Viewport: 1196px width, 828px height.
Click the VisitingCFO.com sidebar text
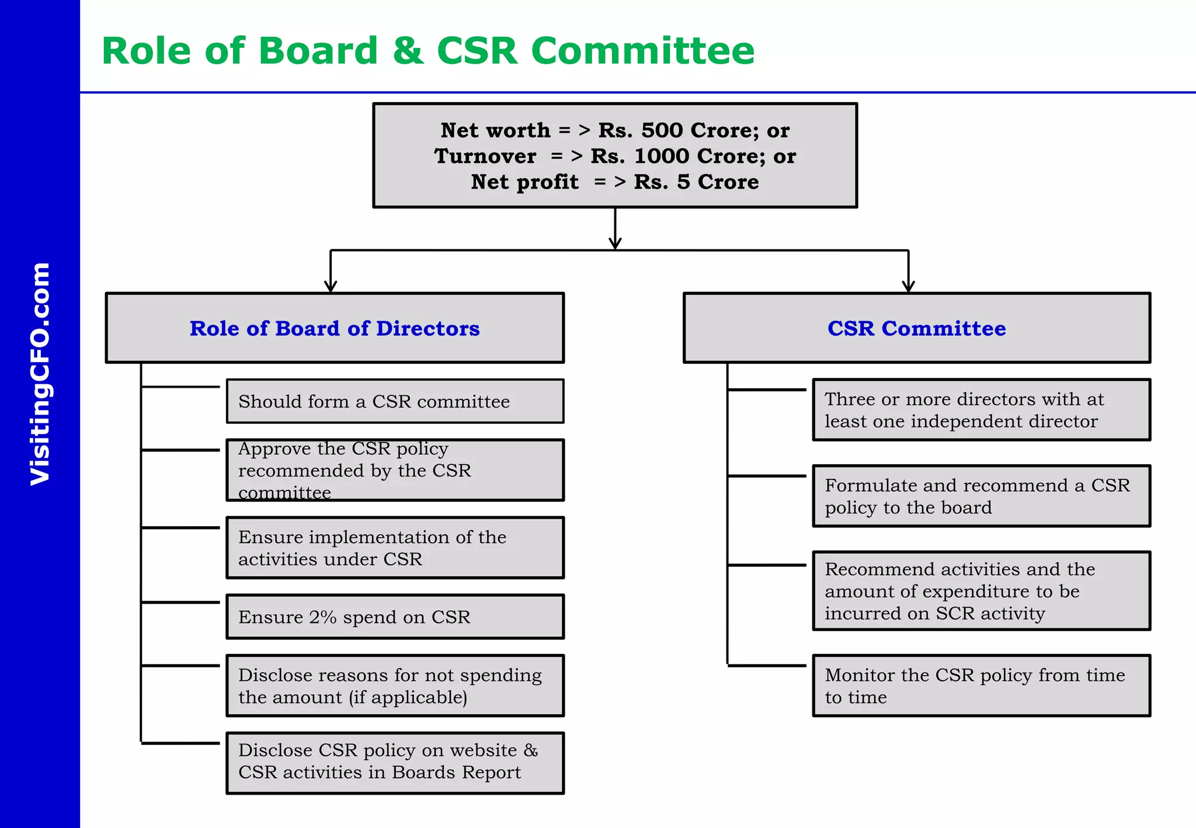[x=40, y=374]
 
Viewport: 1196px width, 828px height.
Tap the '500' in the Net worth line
[x=662, y=130]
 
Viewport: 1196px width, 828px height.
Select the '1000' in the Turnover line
[x=661, y=156]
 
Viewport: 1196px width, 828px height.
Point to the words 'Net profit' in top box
[x=524, y=182]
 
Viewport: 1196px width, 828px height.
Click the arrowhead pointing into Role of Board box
[x=331, y=287]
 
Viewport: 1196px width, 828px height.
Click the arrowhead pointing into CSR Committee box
[x=908, y=287]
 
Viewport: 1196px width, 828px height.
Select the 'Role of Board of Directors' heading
[x=335, y=329]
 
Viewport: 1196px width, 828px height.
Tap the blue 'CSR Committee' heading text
[x=916, y=329]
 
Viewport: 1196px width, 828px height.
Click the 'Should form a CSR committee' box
[x=395, y=402]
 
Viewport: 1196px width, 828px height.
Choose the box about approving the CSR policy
[x=395, y=471]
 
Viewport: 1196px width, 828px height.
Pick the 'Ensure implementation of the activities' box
[x=395, y=548]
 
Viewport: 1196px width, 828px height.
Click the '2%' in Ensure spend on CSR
[x=323, y=617]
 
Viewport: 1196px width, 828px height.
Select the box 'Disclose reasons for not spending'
[x=395, y=686]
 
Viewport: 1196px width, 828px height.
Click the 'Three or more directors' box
[x=981, y=410]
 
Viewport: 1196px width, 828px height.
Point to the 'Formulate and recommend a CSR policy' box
[x=981, y=496]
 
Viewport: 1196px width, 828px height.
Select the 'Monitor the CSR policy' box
[x=981, y=686]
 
